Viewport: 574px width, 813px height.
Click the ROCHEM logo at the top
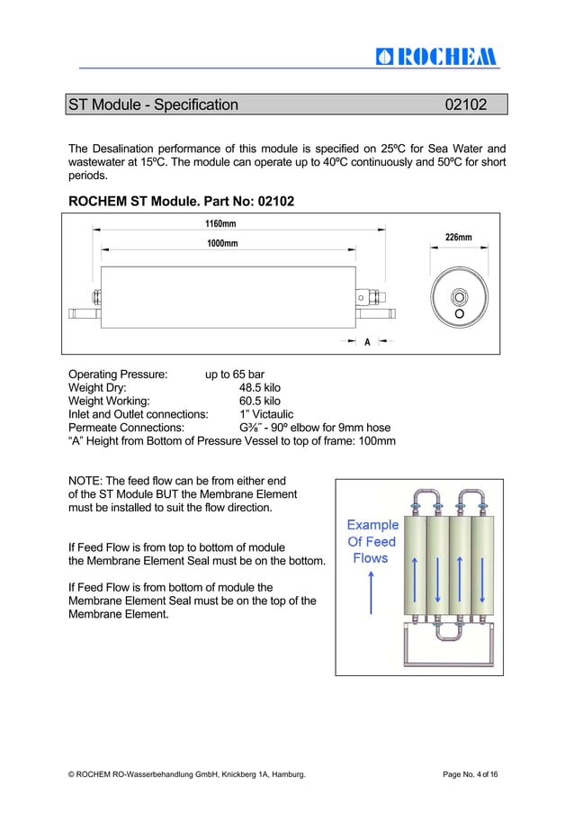tap(436, 56)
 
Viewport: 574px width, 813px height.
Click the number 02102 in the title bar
tap(466, 105)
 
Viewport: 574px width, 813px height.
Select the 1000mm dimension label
tap(222, 244)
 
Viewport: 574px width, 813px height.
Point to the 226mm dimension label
tap(458, 238)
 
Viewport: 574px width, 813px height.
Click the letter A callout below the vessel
tap(367, 342)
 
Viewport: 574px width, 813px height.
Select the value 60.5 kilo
tap(259, 402)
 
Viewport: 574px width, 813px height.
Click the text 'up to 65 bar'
tap(235, 375)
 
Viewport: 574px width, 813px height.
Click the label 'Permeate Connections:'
tap(127, 428)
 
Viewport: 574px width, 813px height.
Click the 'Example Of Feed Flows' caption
tap(372, 541)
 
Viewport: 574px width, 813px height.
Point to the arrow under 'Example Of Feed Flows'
tap(371, 594)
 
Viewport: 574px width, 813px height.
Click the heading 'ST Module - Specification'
tap(154, 105)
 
